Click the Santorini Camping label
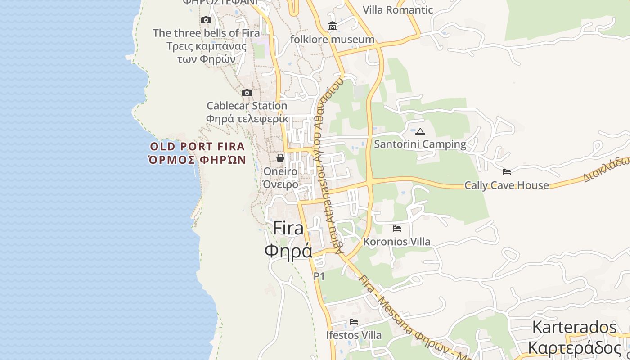(x=420, y=144)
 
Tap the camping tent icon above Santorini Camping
(x=420, y=131)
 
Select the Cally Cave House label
(x=506, y=185)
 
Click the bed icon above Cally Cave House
(x=507, y=171)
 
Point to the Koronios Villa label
(x=396, y=242)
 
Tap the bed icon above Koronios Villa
(x=396, y=229)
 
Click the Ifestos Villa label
(x=354, y=335)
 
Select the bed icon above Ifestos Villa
(x=354, y=322)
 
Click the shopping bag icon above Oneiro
(x=280, y=158)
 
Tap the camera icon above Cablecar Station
(x=247, y=93)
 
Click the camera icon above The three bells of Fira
(x=206, y=20)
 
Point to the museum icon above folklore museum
(x=333, y=26)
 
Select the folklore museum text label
(x=333, y=40)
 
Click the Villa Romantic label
(x=398, y=10)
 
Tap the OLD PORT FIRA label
(x=198, y=146)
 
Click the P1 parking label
(x=319, y=276)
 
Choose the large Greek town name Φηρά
(x=288, y=251)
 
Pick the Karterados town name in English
(x=574, y=327)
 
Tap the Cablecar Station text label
(x=247, y=106)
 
